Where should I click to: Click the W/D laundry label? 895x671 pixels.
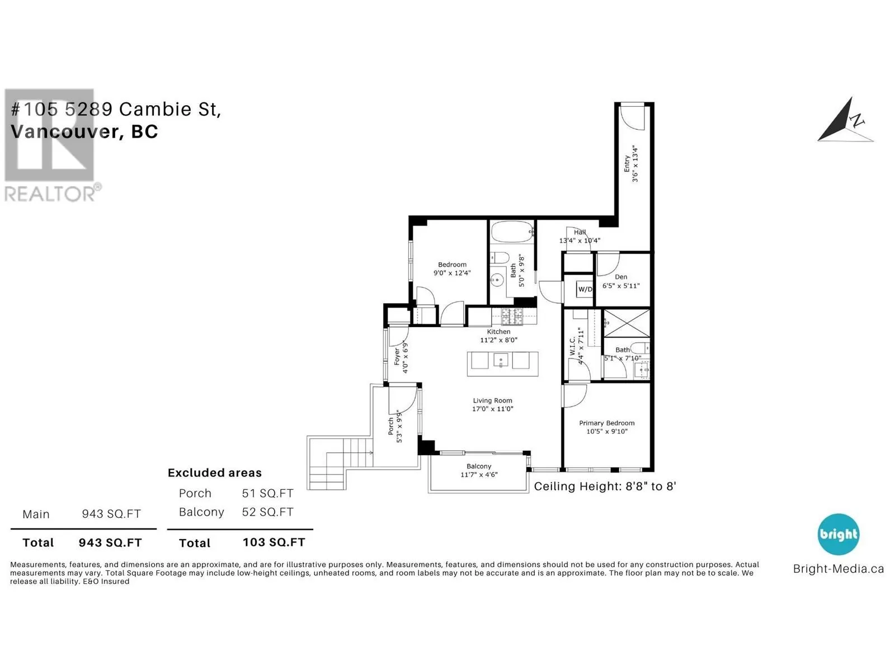coord(585,289)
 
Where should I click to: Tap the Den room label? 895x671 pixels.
coord(620,277)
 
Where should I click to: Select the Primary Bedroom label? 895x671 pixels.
coord(607,423)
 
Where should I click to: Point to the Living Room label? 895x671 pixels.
coord(493,400)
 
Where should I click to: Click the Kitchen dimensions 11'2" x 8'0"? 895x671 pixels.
coord(498,340)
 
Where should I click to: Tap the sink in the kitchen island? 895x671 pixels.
coord(500,360)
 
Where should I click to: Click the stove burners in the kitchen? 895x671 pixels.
coord(512,316)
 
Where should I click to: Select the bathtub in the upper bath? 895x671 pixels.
coord(512,232)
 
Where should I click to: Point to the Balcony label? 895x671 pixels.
coord(479,466)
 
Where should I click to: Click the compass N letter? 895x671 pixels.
coord(856,121)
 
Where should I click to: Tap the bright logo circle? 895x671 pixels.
coord(839,534)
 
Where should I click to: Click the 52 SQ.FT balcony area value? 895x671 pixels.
coord(267,512)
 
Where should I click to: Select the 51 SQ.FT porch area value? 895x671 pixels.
coord(267,493)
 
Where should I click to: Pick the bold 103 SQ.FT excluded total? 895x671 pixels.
coord(274,542)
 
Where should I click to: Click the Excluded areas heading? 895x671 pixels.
coord(214,472)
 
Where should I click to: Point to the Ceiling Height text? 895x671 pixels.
coord(605,486)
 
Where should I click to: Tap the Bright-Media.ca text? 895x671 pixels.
coord(839,569)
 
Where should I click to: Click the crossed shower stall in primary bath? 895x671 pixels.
coord(626,323)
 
